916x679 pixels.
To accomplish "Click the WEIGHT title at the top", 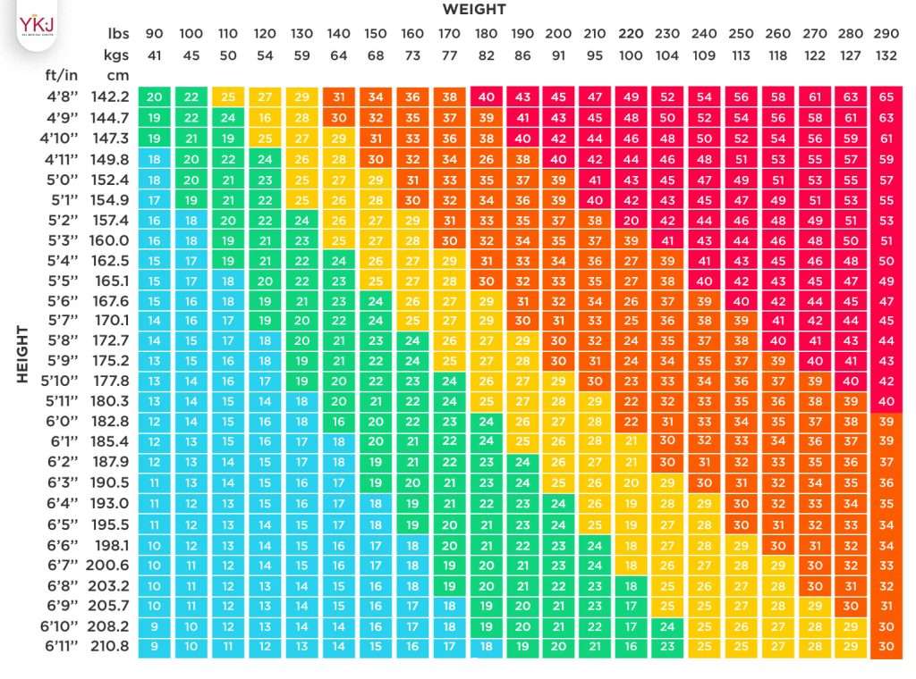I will click(473, 10).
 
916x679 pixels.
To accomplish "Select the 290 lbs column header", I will click(886, 34).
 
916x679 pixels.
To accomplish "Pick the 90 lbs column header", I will click(154, 34).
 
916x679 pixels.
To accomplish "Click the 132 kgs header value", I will click(886, 54).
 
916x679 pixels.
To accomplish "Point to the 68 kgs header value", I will click(375, 54).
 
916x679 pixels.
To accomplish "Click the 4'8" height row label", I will click(64, 96).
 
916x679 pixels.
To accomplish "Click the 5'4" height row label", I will click(64, 261).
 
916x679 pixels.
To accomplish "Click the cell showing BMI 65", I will click(886, 96).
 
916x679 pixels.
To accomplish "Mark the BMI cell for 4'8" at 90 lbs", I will click(155, 96).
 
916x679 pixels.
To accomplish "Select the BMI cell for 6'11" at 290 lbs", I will click(886, 646).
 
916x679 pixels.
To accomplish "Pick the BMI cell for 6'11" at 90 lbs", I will click(155, 646).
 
